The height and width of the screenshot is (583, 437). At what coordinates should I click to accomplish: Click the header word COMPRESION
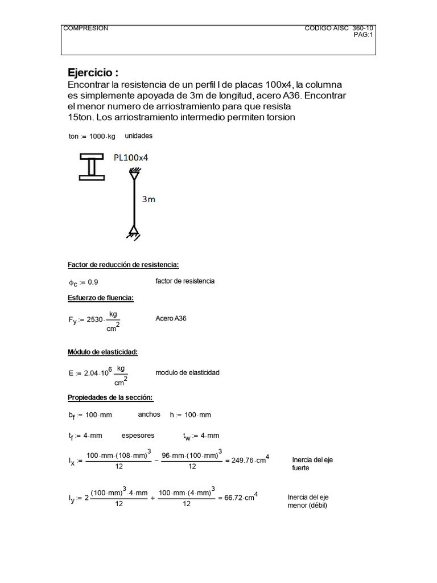coord(85,28)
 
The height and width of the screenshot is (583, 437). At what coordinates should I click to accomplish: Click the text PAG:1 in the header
coord(362,35)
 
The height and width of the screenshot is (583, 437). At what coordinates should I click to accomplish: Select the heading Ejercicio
coord(93,73)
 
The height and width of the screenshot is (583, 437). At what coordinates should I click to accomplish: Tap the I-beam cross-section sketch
coord(91,166)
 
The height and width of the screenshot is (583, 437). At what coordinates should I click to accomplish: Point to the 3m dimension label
coord(148,199)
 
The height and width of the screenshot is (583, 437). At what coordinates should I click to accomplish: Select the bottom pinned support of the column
coord(134,232)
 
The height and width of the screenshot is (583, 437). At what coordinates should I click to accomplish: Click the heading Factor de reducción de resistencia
coord(123,265)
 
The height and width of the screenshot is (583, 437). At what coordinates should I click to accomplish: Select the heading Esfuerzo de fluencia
coord(101,298)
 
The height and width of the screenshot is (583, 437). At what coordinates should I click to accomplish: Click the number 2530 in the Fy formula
coord(94,319)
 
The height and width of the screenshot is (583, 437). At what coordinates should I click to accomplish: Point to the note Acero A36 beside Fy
coord(171,318)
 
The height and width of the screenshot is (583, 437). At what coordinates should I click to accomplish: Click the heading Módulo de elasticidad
coord(102,352)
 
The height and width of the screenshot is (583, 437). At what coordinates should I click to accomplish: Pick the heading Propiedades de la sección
coord(110,397)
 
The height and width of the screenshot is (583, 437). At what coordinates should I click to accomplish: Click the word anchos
coord(149,414)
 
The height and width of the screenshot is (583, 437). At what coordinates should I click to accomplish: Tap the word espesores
coord(138,436)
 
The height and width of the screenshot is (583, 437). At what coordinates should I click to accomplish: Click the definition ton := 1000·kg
coord(92,137)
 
